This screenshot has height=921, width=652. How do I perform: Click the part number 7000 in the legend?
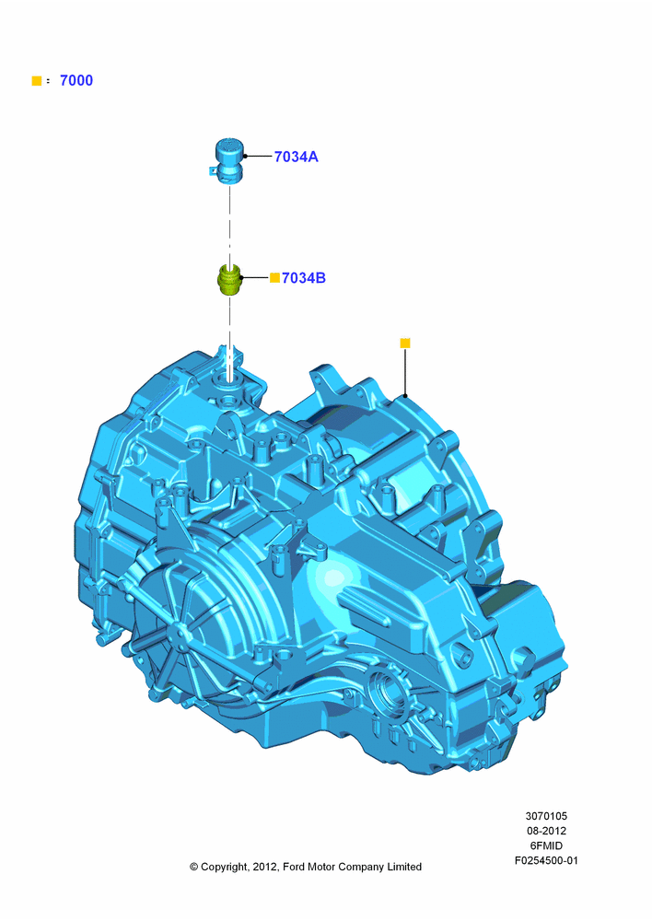(x=76, y=80)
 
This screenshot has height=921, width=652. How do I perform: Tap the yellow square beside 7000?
(x=37, y=81)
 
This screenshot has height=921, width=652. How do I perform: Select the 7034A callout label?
(x=296, y=157)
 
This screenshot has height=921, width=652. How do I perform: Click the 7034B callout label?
(x=304, y=278)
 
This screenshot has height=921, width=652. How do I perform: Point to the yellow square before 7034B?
(x=274, y=278)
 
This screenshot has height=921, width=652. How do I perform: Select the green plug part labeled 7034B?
(x=229, y=280)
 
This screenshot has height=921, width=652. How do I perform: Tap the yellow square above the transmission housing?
(x=404, y=343)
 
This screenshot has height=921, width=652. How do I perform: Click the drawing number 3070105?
(x=546, y=816)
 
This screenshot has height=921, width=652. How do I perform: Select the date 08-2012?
(x=546, y=831)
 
